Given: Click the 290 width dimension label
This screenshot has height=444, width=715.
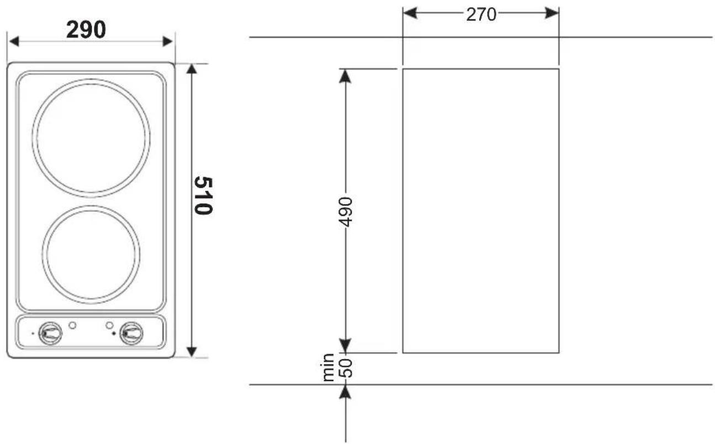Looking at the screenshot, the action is [x=86, y=29].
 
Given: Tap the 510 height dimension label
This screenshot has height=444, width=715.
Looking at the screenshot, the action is [x=203, y=195].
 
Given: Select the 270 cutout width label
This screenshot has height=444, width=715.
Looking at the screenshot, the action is [x=481, y=15].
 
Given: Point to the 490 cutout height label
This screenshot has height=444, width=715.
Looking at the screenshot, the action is [x=346, y=212].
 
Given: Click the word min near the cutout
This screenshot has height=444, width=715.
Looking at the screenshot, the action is [x=328, y=367].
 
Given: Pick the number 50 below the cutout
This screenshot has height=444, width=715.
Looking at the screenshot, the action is [x=346, y=368].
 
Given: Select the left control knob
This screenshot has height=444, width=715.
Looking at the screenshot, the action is [x=50, y=333].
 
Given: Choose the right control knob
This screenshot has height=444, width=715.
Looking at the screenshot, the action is [x=131, y=333].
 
